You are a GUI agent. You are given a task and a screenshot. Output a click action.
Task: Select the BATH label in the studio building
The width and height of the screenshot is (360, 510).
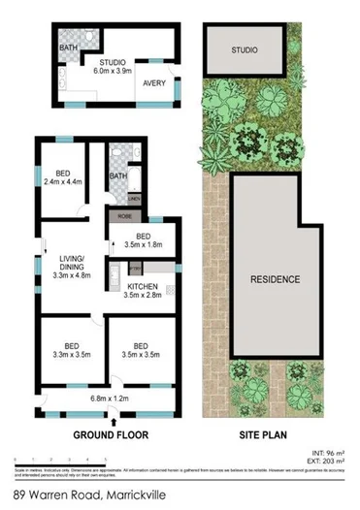(69, 47)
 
